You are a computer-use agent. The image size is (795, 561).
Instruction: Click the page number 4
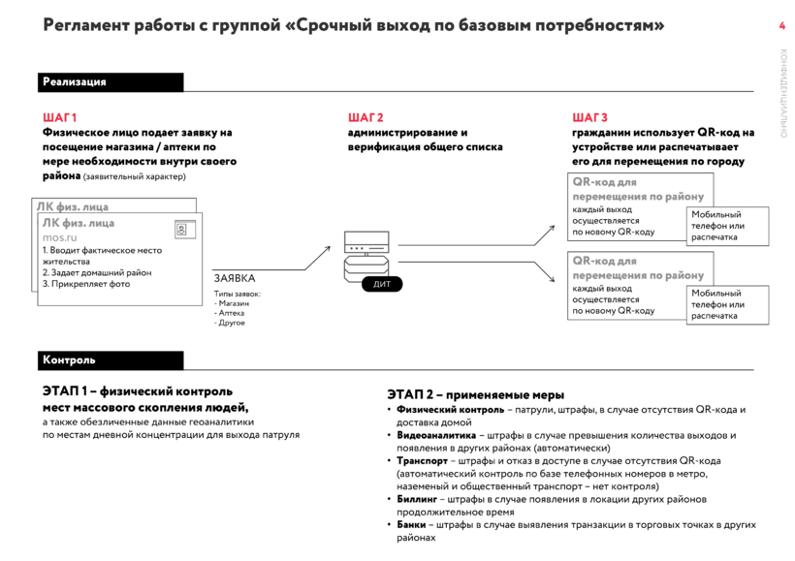[x=782, y=26]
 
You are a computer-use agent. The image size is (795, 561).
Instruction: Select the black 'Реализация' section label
[x=75, y=82]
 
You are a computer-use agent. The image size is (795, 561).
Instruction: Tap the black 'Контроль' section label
[x=69, y=360]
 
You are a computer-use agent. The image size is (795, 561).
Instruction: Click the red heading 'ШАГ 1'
[x=60, y=117]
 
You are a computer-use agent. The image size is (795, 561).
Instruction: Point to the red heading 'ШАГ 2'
[x=366, y=117]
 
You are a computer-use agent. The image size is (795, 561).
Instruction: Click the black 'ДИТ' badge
[x=381, y=285]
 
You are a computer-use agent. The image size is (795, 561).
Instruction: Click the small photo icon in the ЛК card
[x=180, y=230]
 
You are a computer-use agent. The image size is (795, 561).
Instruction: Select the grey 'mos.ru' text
[x=60, y=236]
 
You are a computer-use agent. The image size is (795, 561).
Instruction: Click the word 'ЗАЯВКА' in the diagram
[x=235, y=278]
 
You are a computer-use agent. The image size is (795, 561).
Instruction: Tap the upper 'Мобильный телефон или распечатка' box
[x=728, y=226]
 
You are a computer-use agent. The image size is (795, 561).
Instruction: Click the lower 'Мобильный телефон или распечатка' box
[x=728, y=304]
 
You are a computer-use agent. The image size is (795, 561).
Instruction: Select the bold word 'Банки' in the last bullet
[x=412, y=524]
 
